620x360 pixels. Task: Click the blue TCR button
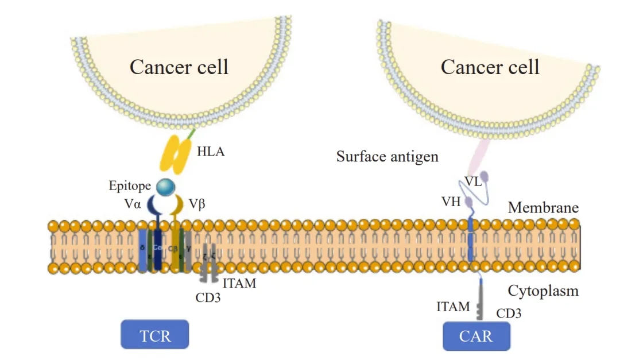pos(154,334)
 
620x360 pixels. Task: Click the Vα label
pos(133,204)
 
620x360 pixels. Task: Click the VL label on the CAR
pos(472,181)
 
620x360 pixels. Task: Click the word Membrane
pos(542,208)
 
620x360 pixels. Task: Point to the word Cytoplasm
pos(543,291)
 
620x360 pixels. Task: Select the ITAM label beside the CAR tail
pos(453,307)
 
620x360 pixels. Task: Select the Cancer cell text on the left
pos(179,67)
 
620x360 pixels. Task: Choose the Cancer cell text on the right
pos(490,67)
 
